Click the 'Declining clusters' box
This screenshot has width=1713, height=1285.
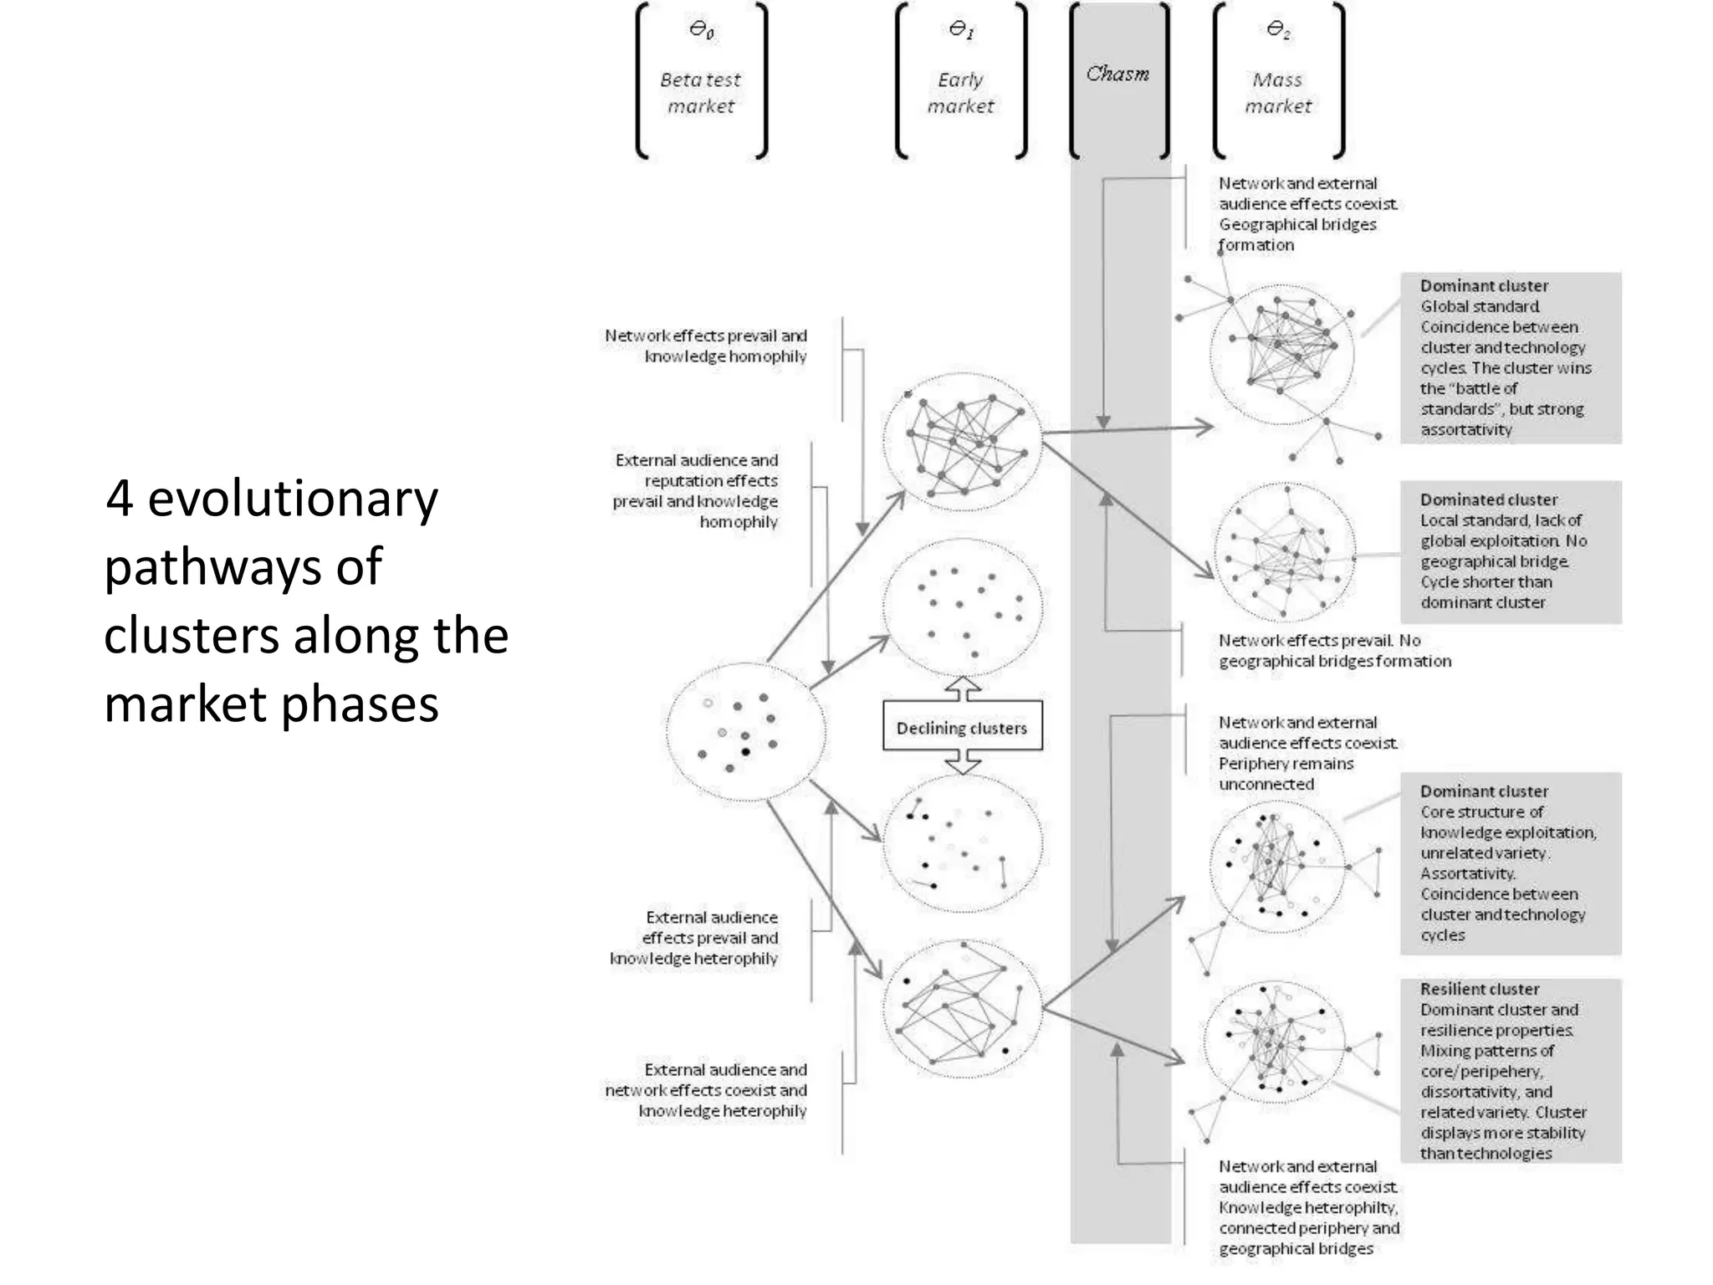tap(962, 727)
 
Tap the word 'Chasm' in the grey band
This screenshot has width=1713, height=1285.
tap(1117, 74)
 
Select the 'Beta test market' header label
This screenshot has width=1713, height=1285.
tap(701, 93)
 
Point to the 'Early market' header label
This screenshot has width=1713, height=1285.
tap(960, 93)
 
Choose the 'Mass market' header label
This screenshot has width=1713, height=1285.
tap(1278, 93)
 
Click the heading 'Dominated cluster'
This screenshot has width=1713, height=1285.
tap(1489, 499)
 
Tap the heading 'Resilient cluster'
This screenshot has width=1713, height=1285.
tap(1479, 989)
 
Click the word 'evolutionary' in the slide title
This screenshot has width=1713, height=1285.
tap(292, 499)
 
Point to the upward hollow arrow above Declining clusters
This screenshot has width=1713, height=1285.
tap(962, 689)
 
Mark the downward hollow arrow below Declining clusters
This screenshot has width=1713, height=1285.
tap(962, 762)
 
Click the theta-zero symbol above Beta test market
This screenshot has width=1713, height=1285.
tap(701, 30)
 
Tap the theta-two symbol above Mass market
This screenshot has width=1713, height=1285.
tap(1278, 30)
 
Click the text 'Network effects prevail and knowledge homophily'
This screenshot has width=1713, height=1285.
tap(707, 346)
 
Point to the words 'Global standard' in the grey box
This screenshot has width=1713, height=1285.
tap(1480, 306)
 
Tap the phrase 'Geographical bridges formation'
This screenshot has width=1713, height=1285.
tap(1296, 234)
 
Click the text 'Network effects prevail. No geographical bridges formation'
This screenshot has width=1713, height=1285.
tap(1333, 650)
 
